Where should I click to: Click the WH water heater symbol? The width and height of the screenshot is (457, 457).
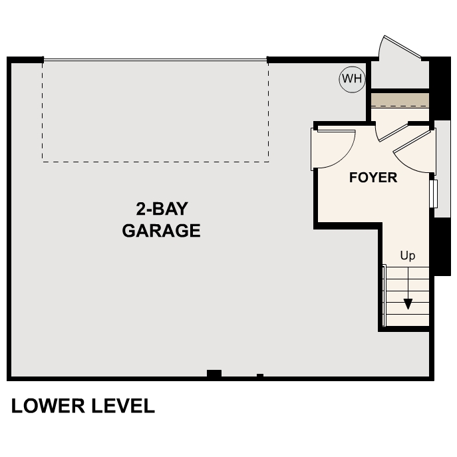coord(352,80)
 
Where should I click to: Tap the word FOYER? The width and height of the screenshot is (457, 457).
coord(373,178)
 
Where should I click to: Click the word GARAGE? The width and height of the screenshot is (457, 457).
coord(161,231)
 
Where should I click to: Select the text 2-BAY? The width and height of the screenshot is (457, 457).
coord(162,209)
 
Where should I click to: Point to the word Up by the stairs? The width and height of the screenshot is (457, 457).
coord(408,255)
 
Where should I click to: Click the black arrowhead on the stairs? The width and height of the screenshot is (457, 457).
coord(408,304)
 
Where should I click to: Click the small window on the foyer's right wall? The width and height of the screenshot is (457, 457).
coord(433,193)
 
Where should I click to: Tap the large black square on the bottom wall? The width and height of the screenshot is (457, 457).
coord(214,374)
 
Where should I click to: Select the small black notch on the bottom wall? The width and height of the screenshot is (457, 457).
coord(260,376)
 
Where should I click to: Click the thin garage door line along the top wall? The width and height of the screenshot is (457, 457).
coord(156,61)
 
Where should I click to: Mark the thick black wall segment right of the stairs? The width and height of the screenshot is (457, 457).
coord(440,246)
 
